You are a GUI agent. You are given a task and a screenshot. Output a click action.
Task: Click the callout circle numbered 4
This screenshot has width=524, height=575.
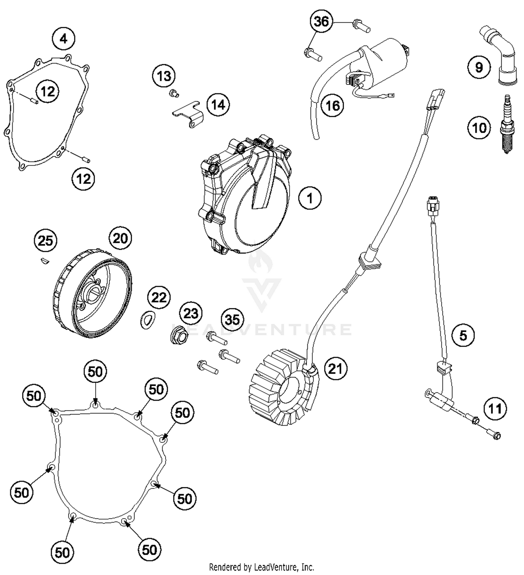pyautogui.click(x=64, y=38)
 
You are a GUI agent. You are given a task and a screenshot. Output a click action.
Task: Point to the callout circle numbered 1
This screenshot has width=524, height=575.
pyautogui.click(x=310, y=198)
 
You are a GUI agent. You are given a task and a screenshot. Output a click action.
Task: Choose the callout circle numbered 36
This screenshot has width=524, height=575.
pyautogui.click(x=321, y=22)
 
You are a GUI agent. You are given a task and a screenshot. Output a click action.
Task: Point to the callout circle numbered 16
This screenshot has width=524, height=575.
pyautogui.click(x=332, y=105)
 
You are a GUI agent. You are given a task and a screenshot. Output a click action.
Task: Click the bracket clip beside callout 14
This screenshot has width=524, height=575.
pyautogui.click(x=189, y=113)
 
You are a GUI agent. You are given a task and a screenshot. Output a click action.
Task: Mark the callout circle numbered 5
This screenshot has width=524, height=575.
pyautogui.click(x=463, y=335)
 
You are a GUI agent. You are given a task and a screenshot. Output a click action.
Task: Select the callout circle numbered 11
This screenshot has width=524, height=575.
pyautogui.click(x=495, y=408)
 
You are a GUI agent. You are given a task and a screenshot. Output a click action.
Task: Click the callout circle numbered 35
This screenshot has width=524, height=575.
pyautogui.click(x=232, y=319)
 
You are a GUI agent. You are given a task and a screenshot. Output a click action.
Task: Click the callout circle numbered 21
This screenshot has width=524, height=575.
pyautogui.click(x=335, y=368)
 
